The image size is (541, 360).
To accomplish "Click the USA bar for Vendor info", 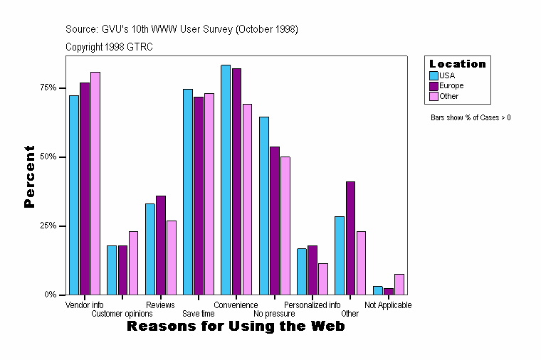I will coord(73,195).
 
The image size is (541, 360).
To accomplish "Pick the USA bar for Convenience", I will coord(226,179).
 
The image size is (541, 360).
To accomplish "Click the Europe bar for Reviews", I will coord(161,245).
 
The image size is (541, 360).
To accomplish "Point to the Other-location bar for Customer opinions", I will coord(133,263).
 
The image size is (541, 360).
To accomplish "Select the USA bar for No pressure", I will coord(263,206).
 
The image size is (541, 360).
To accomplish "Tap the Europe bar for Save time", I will coord(199,196).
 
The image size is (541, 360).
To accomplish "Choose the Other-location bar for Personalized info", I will coord(323,279).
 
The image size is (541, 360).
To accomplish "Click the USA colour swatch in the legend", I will coord(434,75).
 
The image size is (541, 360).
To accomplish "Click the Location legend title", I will coord(458,64).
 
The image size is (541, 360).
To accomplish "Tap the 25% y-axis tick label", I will coord(48,226).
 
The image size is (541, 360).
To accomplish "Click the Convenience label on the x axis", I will coord(236,305).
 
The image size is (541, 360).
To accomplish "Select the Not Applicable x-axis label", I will coord(388,305).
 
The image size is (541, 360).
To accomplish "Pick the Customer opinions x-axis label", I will coord(122,314).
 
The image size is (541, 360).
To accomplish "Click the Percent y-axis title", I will coord(29,176).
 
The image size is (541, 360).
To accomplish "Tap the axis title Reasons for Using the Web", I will coord(236,327).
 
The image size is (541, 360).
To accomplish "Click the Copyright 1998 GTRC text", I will coord(109,47).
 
